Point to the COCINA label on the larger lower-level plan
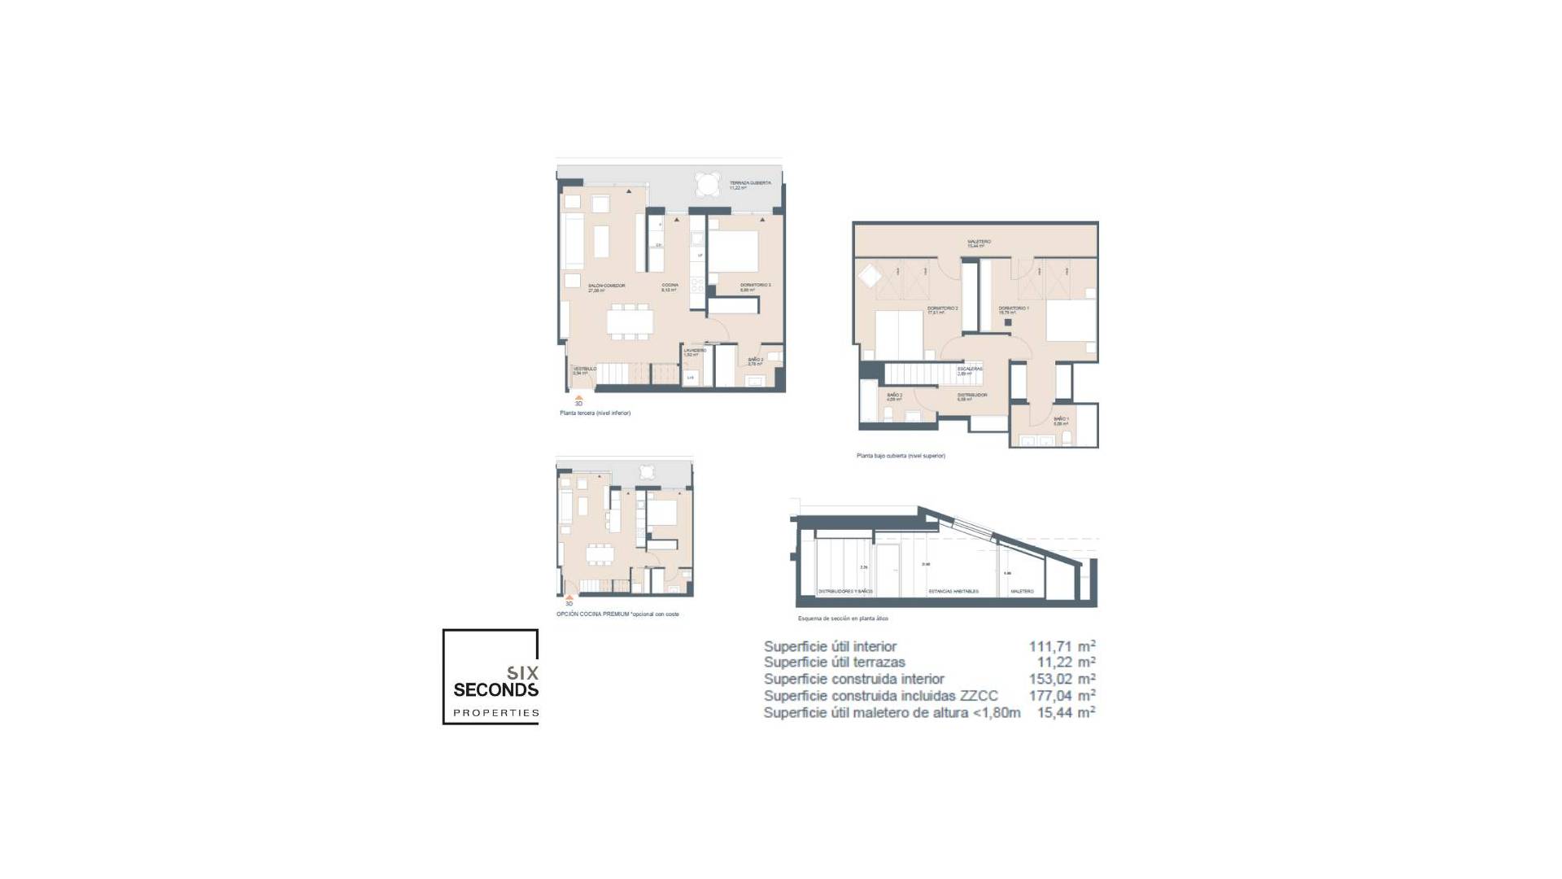pos(670,286)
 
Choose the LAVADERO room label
pos(694,352)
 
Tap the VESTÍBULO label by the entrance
pos(585,370)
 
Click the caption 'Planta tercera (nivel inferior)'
pos(595,413)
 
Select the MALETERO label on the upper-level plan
pos(979,243)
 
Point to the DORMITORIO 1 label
pos(1014,309)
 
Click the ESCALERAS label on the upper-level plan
pos(970,370)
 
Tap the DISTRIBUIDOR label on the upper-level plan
pos(972,396)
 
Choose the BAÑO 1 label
pos(1061,420)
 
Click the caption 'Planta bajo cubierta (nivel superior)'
pos(901,456)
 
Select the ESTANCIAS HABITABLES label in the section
pos(953,592)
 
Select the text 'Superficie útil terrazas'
pos(834,663)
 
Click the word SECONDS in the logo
pos(495,690)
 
